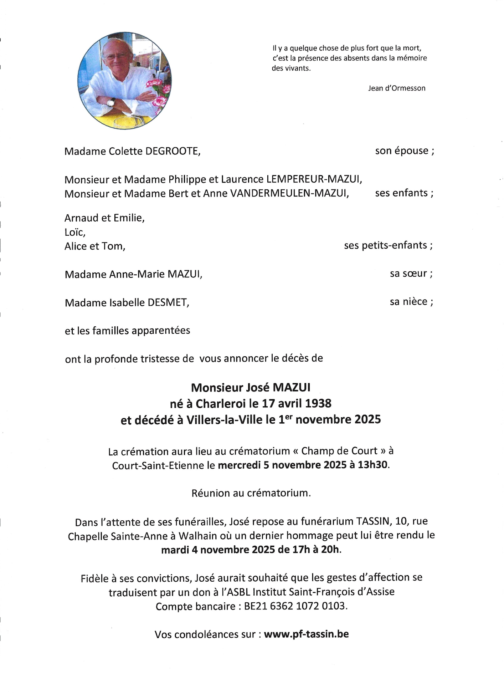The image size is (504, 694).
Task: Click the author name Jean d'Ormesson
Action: tap(397, 88)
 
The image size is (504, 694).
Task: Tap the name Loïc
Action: tap(75, 232)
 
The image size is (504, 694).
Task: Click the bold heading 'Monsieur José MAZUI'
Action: tap(251, 387)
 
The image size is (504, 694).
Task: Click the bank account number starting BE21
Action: tap(295, 606)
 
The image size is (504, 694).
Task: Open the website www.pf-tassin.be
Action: tap(306, 634)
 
